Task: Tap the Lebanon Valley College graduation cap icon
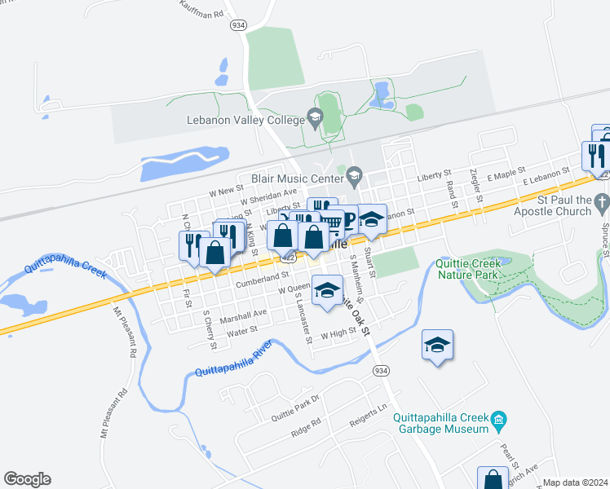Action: tap(314, 120)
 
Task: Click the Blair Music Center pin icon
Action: tap(354, 174)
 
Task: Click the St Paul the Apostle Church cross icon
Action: tap(602, 200)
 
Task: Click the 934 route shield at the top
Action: tap(238, 25)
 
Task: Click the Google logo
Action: tap(27, 479)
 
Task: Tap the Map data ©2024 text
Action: tap(575, 482)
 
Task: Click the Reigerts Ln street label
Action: tap(365, 416)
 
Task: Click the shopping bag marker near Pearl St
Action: tap(493, 479)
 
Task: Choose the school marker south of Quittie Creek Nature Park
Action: tap(437, 346)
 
